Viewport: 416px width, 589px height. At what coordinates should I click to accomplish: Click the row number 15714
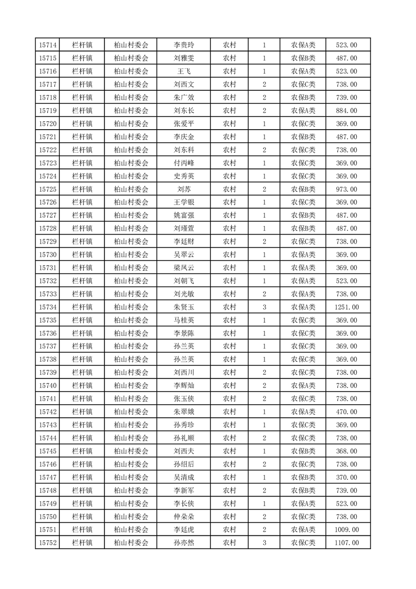coord(48,45)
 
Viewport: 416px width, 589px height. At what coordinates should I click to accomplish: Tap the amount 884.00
coord(346,111)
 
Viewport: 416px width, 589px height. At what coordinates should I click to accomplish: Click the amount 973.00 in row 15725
coord(346,190)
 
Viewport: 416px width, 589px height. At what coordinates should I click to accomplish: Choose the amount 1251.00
coord(346,307)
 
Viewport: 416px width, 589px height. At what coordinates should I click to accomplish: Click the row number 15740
coord(48,386)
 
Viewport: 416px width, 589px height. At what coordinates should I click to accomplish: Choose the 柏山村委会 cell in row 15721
coord(131,137)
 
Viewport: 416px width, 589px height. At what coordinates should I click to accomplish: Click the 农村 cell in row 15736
coord(229,333)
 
